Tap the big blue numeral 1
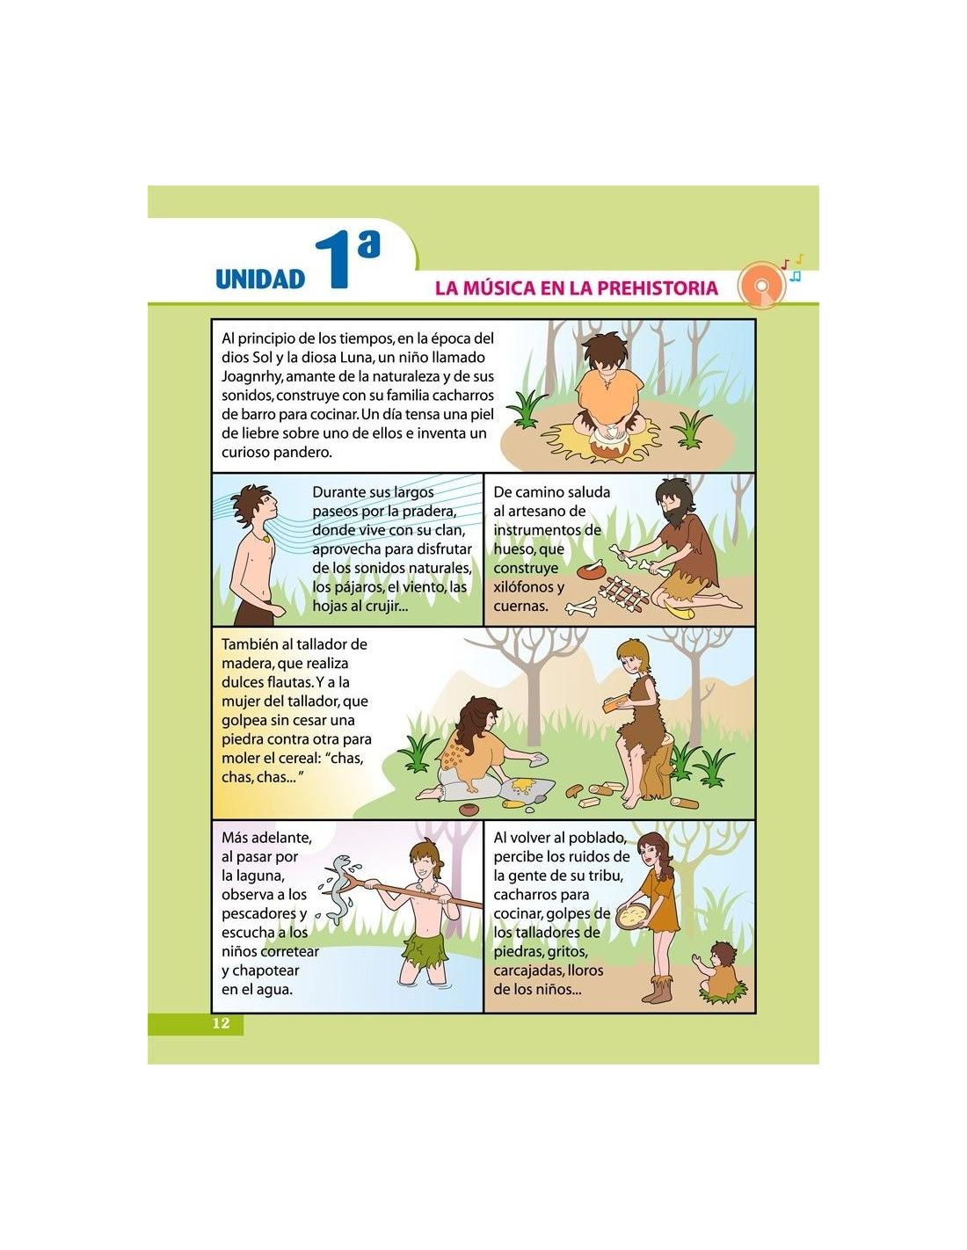click(x=333, y=260)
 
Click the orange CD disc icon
click(x=761, y=285)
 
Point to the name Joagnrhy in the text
click(x=251, y=377)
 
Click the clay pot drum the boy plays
click(x=611, y=444)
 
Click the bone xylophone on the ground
click(x=622, y=592)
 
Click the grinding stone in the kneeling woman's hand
click(x=539, y=758)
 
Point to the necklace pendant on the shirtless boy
click(x=265, y=539)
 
